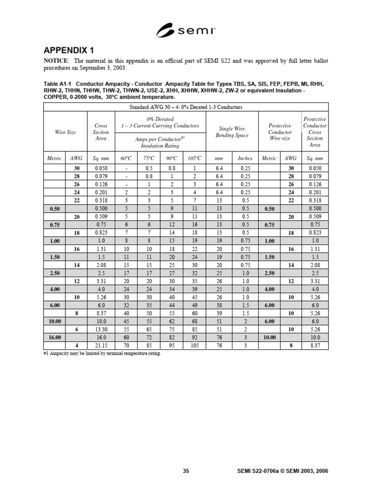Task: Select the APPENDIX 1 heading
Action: pos(69,51)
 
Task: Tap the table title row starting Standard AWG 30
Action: pos(186,107)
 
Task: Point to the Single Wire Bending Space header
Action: pos(233,132)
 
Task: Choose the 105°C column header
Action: pos(194,158)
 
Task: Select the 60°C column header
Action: pos(126,158)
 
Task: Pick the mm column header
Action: pos(219,158)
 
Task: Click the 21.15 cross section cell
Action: pos(101,345)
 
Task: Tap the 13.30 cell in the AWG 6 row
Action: pos(101,329)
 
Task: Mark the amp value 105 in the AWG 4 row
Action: pos(194,345)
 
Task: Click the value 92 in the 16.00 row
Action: pos(194,337)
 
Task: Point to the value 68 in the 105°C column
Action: pos(194,320)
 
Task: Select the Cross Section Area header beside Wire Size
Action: pos(101,132)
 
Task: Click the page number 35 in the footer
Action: pos(186,470)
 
